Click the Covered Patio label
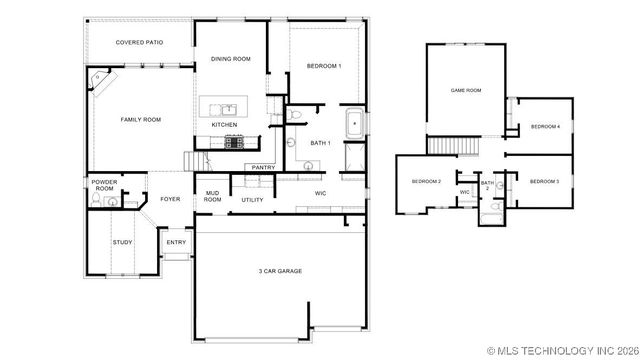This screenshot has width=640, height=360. coord(139,42)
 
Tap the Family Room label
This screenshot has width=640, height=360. coord(141,120)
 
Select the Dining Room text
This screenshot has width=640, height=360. coord(231,59)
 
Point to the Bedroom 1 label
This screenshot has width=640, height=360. coord(324,66)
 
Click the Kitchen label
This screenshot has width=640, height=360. coord(224,125)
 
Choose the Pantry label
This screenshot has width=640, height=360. coord(263,167)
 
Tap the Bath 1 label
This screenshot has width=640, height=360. coord(320,143)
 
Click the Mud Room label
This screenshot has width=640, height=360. coord(213,196)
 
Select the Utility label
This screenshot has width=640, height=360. coord(252,200)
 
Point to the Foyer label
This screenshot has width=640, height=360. coord(171,199)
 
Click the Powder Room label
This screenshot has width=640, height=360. coord(105,185)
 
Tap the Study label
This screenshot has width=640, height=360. coord(122,242)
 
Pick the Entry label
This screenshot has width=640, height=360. coord(176,242)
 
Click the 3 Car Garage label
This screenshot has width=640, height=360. coord(280,271)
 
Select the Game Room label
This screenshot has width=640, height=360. coord(466,90)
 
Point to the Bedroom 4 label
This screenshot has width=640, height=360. coord(545,127)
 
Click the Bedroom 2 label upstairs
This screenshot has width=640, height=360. coord(427,181)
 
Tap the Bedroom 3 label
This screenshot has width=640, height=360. coord(544,181)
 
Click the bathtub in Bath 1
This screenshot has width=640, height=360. coord(354,125)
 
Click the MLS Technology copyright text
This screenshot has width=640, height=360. coord(563,351)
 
